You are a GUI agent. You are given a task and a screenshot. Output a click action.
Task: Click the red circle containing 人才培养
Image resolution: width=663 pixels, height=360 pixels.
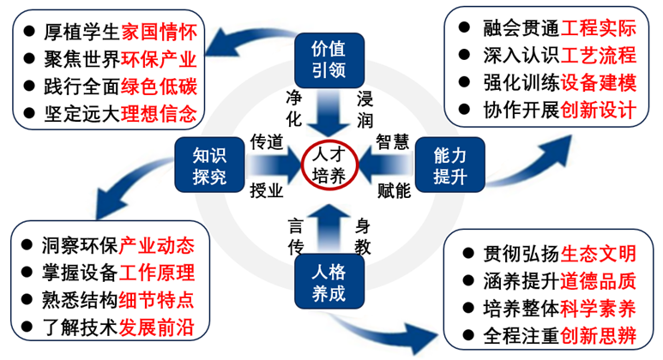click(328, 165)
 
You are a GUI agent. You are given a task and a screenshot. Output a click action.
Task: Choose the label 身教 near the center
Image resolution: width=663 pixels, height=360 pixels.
click(364, 237)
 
